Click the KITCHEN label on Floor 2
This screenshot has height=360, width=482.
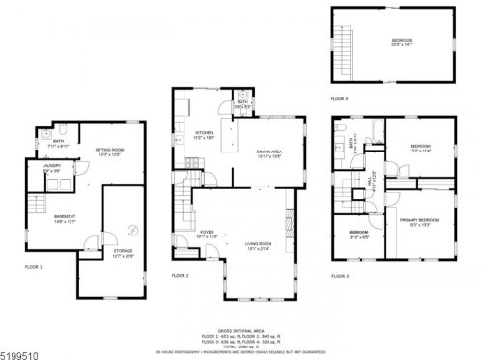coord(205,134)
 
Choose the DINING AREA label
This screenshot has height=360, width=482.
coord(269,152)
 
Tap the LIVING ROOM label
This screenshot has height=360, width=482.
coord(256,247)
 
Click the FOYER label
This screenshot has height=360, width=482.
coord(206,233)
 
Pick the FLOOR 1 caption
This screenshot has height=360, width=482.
coord(34,266)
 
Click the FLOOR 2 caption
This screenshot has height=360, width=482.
coord(181,275)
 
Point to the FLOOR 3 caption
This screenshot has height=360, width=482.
coord(340,277)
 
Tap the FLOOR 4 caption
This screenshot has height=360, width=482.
coord(339,99)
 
